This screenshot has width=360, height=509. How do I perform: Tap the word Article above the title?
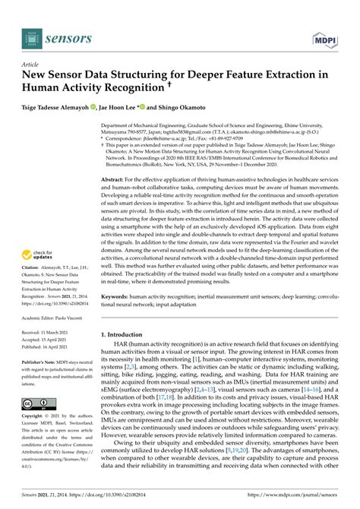(30, 66)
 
